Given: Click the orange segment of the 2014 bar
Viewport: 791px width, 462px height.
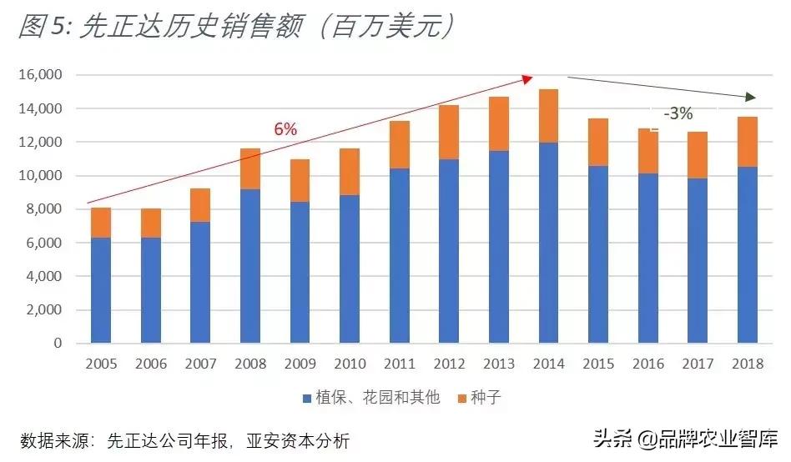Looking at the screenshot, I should click(548, 116).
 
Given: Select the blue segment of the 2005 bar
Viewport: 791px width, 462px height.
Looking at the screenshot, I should click(101, 290).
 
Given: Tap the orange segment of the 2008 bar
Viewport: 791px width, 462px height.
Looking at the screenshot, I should click(250, 169).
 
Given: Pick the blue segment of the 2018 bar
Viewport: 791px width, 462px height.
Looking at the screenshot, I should click(748, 254).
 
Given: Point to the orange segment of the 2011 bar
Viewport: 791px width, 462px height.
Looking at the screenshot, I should click(400, 145).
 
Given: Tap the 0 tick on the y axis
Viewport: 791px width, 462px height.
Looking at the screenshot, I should click(58, 343).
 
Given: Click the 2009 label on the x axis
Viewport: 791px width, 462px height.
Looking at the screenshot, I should click(300, 364).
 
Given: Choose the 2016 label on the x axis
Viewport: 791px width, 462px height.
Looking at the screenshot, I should click(648, 364).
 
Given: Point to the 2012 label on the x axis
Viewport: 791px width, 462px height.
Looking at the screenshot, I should click(449, 364).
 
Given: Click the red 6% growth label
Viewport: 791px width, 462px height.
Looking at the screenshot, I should click(285, 129).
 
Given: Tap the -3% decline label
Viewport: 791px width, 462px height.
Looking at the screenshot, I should click(678, 114).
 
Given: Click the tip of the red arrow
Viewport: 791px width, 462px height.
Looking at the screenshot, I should click(532, 78).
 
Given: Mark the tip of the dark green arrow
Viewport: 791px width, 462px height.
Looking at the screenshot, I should click(756, 98).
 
